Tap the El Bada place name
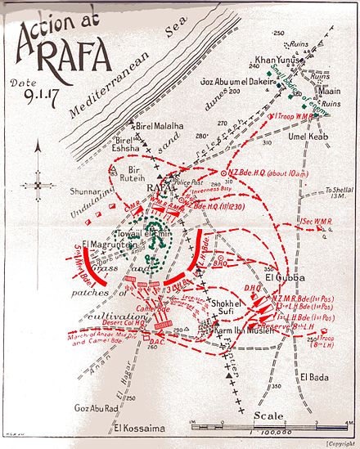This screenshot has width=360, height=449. pos(314,376)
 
